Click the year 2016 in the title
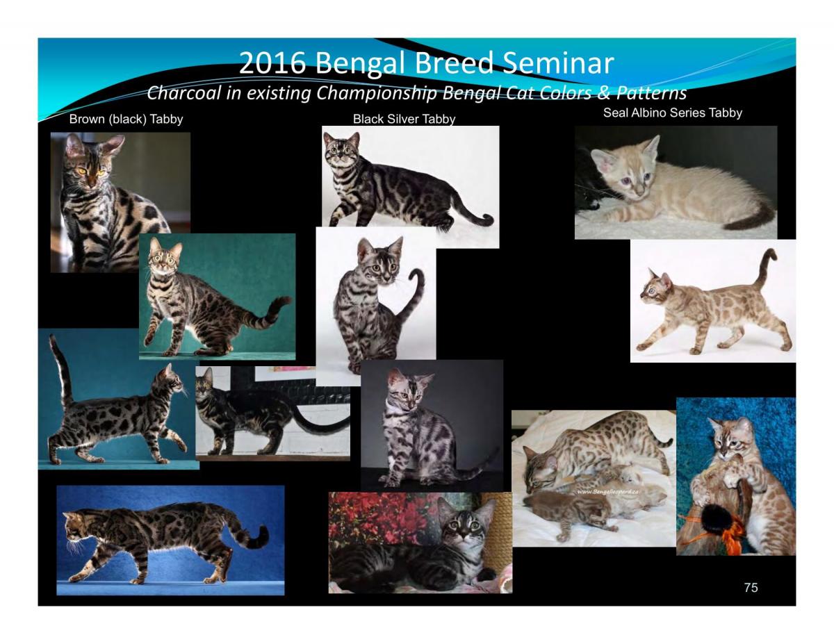(272, 63)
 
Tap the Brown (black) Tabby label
(126, 119)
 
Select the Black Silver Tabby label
(404, 119)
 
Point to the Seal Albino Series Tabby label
(672, 113)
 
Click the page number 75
(751, 588)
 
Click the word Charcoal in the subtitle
(182, 92)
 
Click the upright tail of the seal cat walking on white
(766, 267)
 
